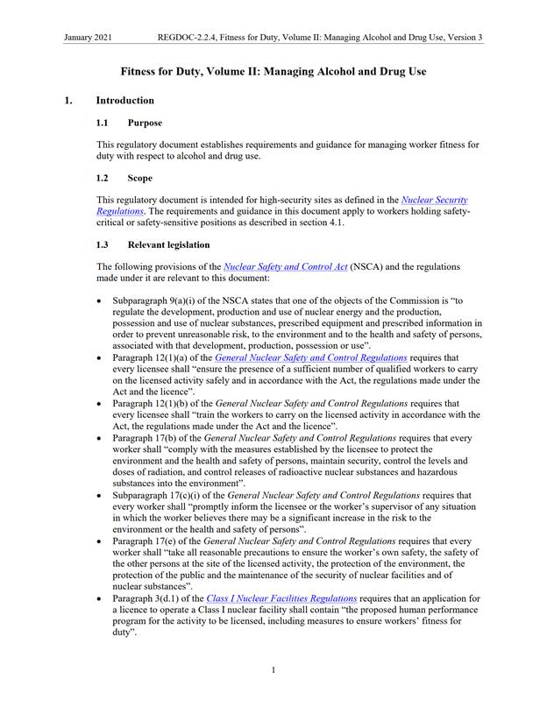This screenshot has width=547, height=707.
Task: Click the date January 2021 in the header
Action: pos(90,38)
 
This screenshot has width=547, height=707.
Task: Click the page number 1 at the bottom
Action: pos(273,670)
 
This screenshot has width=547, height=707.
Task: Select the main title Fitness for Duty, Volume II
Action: pos(273,71)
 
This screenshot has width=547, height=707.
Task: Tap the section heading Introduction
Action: pos(125,101)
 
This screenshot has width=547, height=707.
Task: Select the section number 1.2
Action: pos(104,178)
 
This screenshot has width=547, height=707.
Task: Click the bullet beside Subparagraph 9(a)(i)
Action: pos(101,300)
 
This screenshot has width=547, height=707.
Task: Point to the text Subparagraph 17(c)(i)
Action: pos(158,494)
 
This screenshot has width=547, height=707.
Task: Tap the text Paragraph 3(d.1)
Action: pos(144,598)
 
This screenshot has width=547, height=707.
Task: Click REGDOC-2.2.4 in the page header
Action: pos(188,38)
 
